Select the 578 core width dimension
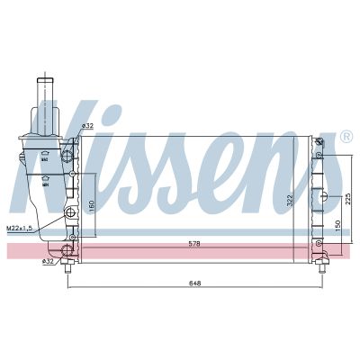195,243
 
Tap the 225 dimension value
346,201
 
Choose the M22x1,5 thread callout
19,229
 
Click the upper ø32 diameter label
86,125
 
